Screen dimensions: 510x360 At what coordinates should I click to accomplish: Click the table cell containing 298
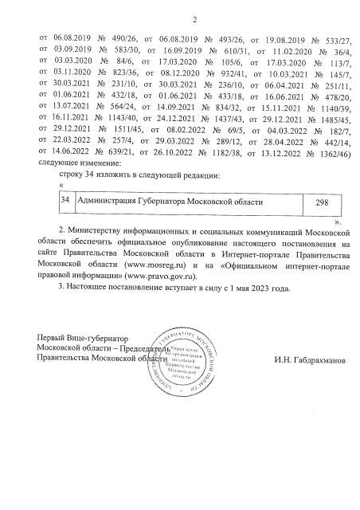[x=321, y=203]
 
